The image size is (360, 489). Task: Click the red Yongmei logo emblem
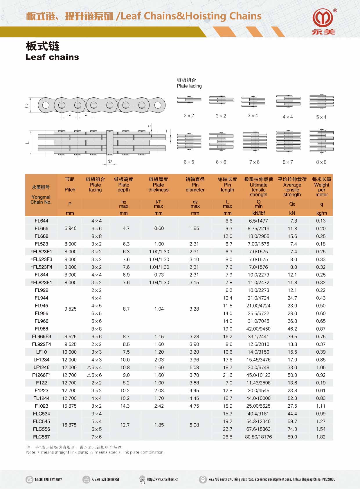[323, 19]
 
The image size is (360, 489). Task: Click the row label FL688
[42, 236]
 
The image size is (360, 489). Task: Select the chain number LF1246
[42, 367]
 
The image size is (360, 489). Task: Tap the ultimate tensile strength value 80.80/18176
[258, 437]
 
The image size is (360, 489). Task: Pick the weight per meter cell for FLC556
[321, 429]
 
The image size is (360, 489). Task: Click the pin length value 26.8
[228, 437]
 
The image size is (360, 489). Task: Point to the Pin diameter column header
[195, 185]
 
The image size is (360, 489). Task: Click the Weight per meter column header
[322, 187]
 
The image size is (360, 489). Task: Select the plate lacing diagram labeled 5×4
[321, 101]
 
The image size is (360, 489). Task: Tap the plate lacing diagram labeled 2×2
[189, 100]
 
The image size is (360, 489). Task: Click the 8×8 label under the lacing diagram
[321, 162]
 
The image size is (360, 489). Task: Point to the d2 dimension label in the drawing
[110, 162]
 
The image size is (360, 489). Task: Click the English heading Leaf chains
[52, 57]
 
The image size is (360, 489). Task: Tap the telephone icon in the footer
[29, 479]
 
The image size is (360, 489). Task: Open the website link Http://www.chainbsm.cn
[163, 479]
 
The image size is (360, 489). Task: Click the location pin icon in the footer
[203, 479]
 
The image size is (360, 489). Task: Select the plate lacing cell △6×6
[95, 375]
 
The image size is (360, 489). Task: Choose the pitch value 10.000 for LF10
[69, 352]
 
